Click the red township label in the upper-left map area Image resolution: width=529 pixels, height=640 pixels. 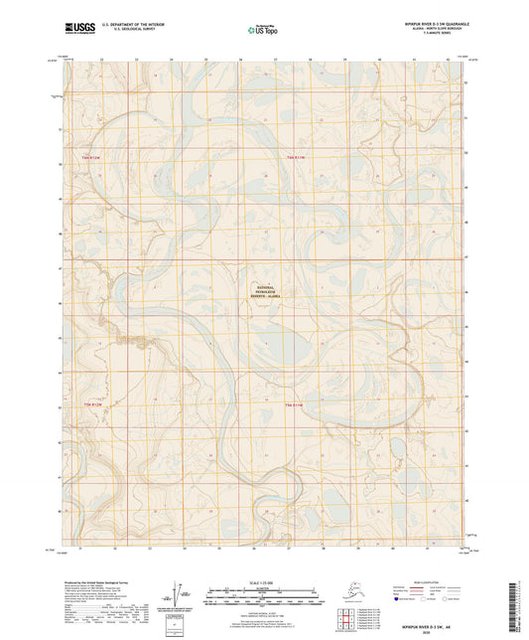click(x=92, y=157)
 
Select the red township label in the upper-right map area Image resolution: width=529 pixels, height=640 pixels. click(x=295, y=157)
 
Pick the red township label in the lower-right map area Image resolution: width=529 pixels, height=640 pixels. click(x=295, y=405)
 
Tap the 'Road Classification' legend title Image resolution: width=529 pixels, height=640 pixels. click(x=427, y=581)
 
